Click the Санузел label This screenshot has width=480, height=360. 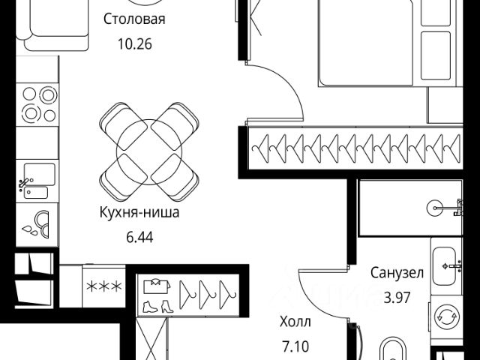397,272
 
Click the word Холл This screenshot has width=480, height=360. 295,322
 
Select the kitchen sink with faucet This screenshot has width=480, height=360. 34,182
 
